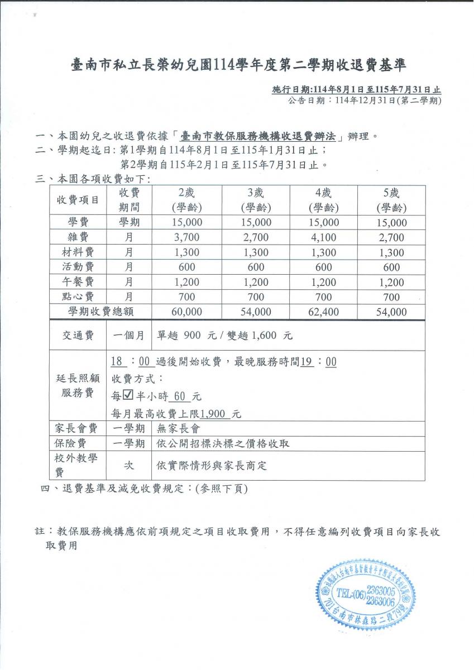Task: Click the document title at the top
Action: [x=238, y=66]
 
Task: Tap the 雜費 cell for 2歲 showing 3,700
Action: [x=186, y=237]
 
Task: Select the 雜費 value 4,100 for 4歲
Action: [x=323, y=237]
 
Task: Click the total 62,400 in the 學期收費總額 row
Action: [x=323, y=312]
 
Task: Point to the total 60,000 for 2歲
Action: [x=186, y=312]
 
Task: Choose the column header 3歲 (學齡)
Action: [x=256, y=200]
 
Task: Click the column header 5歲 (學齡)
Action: [x=391, y=200]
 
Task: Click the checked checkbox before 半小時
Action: [x=127, y=396]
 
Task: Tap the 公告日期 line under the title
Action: [x=365, y=100]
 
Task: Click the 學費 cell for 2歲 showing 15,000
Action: [x=186, y=222]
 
